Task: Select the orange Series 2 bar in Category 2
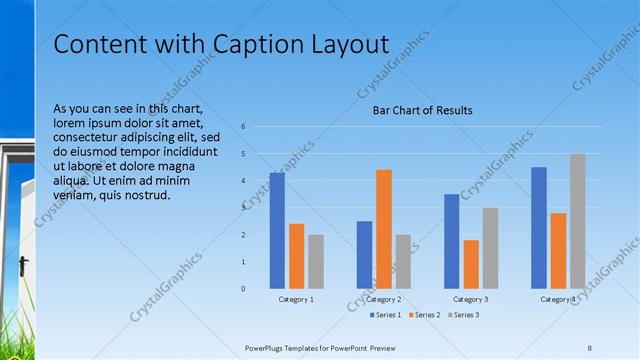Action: (x=384, y=229)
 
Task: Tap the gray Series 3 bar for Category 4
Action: (x=578, y=221)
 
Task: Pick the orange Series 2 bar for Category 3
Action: (x=471, y=264)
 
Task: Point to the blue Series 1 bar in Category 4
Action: (x=539, y=227)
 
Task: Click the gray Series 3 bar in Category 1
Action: (x=316, y=261)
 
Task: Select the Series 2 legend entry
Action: (x=423, y=315)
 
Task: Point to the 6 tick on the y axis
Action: (x=243, y=127)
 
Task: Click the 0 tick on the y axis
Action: (x=243, y=289)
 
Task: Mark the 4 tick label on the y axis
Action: (x=243, y=181)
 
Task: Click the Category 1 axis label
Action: (x=296, y=299)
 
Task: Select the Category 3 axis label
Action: (x=471, y=299)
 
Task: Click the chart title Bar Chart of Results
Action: (x=422, y=110)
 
